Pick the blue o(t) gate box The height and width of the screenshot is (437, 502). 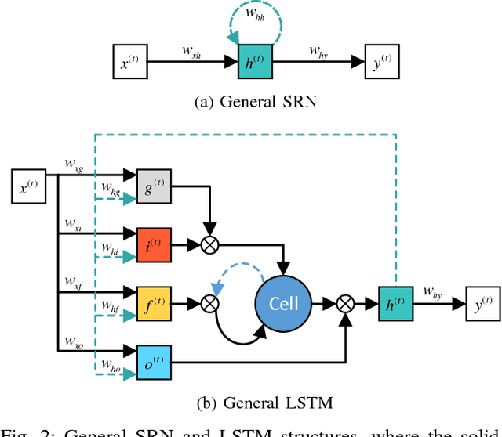click(153, 360)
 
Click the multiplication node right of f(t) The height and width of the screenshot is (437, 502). click(209, 302)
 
